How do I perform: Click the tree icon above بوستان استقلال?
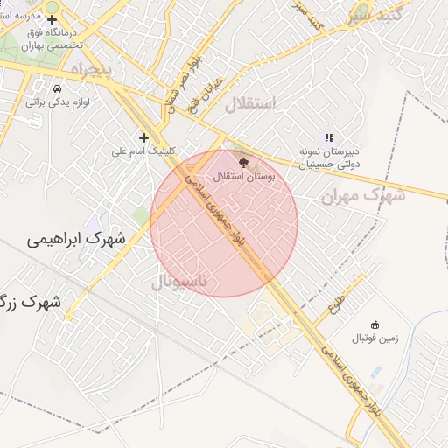(x=243, y=162)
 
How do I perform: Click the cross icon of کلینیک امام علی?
(x=144, y=137)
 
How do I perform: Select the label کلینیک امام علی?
(x=143, y=150)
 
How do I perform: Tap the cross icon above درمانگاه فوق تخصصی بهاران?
(x=52, y=19)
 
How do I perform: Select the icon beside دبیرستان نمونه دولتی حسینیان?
(x=329, y=137)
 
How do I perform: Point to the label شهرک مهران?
(x=363, y=196)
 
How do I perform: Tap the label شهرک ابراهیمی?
(x=75, y=238)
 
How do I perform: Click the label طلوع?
(x=336, y=306)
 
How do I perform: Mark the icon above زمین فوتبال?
(x=375, y=325)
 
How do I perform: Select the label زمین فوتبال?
(x=375, y=338)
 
